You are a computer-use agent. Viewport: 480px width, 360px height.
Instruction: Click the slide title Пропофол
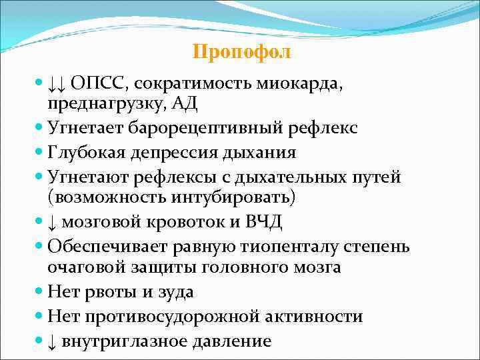point(241,52)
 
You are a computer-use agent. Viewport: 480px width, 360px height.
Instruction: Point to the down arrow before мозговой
point(51,223)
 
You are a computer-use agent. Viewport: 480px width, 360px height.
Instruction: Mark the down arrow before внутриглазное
point(51,341)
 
